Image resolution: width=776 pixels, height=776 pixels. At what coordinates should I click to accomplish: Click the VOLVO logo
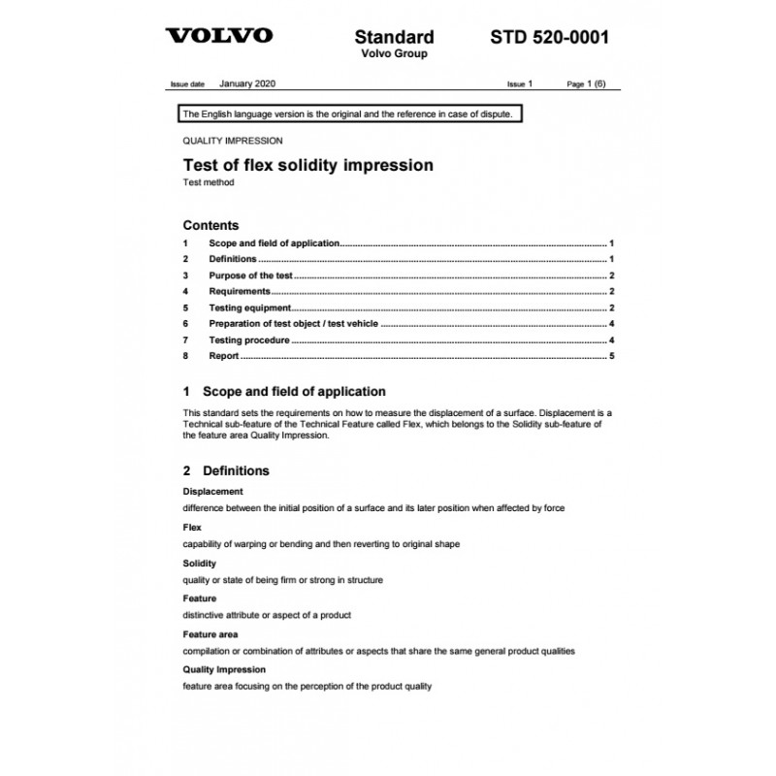coord(218,37)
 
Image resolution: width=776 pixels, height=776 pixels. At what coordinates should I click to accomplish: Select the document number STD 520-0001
coord(549,38)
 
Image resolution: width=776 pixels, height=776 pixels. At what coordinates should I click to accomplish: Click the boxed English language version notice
coord(351,114)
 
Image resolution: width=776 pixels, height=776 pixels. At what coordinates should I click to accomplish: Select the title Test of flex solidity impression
coord(307,165)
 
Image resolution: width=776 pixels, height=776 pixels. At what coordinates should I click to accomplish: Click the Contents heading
coord(210,225)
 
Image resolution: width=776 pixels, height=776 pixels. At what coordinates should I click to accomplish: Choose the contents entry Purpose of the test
coord(250,275)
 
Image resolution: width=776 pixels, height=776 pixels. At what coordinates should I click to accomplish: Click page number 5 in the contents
coord(612,357)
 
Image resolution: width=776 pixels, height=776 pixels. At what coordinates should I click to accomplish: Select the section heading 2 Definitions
coord(226,470)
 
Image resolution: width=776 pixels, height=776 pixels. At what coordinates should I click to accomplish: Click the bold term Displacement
coord(212,492)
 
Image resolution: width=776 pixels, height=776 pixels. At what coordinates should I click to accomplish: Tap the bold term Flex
coord(192,528)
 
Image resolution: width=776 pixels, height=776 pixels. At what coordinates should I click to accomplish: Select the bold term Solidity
coord(199,564)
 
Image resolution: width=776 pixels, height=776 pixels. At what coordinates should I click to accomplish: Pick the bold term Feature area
coord(210,634)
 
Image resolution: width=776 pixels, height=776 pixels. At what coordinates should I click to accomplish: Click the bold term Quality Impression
coord(224,669)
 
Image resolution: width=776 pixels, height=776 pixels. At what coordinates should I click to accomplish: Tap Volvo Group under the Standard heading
coord(394,54)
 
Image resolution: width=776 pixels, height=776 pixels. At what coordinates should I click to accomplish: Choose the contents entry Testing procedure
coord(248,341)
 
